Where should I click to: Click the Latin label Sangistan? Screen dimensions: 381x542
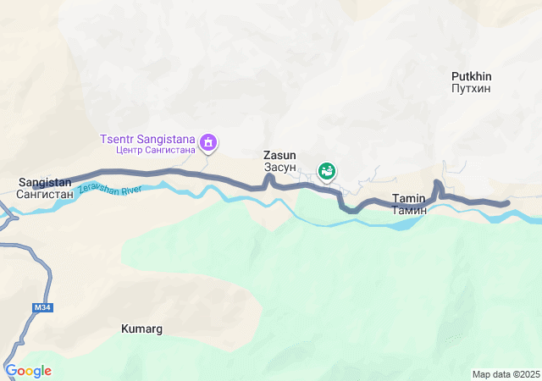45,182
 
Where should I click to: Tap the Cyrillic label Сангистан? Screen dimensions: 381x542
45,194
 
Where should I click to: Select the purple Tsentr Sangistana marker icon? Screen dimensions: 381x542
208,144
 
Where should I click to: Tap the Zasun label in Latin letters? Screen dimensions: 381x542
279,156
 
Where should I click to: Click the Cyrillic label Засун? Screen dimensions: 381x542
279,167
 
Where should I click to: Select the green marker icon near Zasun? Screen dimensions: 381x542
326,171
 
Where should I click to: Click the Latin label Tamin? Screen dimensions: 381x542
409,198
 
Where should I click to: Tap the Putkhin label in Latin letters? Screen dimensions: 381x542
472,76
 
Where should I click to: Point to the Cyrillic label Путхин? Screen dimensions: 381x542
472,87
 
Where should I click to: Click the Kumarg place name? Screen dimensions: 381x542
141,329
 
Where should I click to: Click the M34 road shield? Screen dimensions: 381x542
43,307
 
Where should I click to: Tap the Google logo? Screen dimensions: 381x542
28,371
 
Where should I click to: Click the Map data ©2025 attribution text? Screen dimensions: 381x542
506,374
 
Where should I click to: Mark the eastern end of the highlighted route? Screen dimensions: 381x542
506,203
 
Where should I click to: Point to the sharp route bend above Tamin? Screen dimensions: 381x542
437,184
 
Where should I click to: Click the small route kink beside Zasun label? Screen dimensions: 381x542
268,178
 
